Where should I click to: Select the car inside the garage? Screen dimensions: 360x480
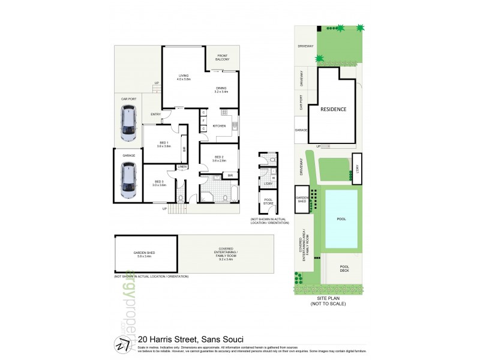point(128,181)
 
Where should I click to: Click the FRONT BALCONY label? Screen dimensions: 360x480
point(223,59)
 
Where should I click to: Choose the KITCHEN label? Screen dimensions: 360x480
point(219,126)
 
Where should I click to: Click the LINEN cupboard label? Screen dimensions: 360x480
point(182,166)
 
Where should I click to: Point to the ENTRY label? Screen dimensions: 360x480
point(156,114)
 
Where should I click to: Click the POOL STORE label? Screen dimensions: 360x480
point(268,202)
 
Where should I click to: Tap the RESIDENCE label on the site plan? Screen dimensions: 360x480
point(333,110)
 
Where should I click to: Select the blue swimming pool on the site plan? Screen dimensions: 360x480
point(341,219)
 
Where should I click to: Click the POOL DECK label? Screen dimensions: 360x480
point(344,269)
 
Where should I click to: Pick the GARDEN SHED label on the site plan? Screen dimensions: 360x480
point(302,199)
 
